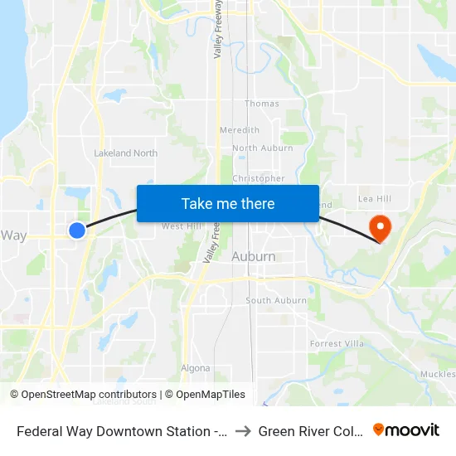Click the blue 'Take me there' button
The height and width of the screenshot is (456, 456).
click(x=228, y=203)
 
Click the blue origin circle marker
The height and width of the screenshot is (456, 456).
click(x=76, y=230)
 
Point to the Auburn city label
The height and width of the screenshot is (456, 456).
click(x=254, y=257)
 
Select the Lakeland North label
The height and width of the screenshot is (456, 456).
click(x=126, y=153)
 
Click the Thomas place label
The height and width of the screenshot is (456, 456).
click(x=262, y=104)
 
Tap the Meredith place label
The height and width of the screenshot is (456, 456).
click(x=240, y=130)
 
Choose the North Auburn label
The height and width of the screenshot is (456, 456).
click(x=263, y=148)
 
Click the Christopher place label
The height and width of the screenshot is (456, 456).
click(x=259, y=178)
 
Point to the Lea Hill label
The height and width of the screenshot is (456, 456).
click(x=374, y=199)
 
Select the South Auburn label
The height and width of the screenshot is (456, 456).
click(x=276, y=300)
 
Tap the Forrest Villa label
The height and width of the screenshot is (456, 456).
click(x=337, y=343)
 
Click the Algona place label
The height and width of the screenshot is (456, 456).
click(x=196, y=368)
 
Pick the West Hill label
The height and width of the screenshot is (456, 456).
click(x=181, y=226)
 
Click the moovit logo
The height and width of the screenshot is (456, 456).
click(x=406, y=430)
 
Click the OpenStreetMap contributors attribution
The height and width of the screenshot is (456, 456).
click(x=89, y=395)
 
